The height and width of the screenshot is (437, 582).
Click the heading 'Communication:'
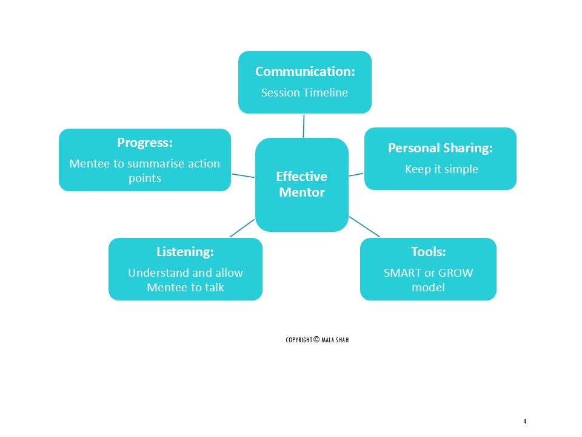[x=305, y=72]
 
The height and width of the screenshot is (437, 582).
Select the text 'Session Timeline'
[x=305, y=93]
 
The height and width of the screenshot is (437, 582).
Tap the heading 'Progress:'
[x=145, y=143]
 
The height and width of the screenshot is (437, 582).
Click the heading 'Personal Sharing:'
[x=440, y=147]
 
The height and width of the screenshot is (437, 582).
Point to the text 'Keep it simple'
[x=441, y=169]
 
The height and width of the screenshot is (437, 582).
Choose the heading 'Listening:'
[x=185, y=251]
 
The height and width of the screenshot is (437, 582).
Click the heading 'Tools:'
[x=428, y=251]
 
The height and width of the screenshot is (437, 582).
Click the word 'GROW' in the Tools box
[x=455, y=273]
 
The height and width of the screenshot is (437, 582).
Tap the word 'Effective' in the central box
[x=301, y=177]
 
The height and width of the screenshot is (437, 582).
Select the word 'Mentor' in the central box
[x=301, y=193]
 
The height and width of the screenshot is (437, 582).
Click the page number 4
[x=525, y=421]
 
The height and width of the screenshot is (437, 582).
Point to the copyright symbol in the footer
[x=316, y=339]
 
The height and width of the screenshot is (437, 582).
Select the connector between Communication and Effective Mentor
[x=303, y=126]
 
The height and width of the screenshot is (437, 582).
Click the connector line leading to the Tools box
[x=364, y=226]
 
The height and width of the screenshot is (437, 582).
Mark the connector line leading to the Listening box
[x=242, y=228]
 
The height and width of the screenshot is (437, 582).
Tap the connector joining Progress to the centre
[x=242, y=176]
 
